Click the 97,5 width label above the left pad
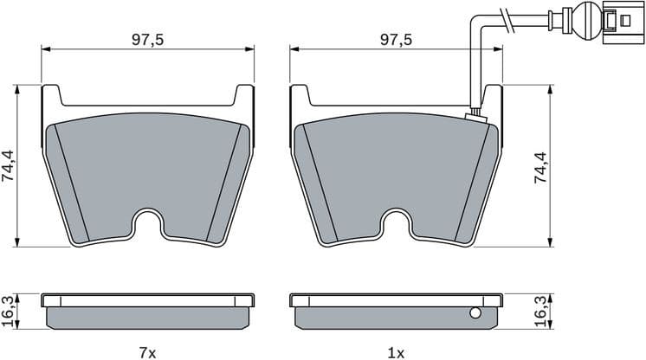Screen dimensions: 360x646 tap(148, 40)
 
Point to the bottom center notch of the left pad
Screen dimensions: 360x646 tap(148, 227)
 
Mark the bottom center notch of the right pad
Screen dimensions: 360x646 tap(397, 227)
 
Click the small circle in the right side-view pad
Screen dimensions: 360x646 tap(475, 313)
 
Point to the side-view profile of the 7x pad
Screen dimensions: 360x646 tap(148, 312)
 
